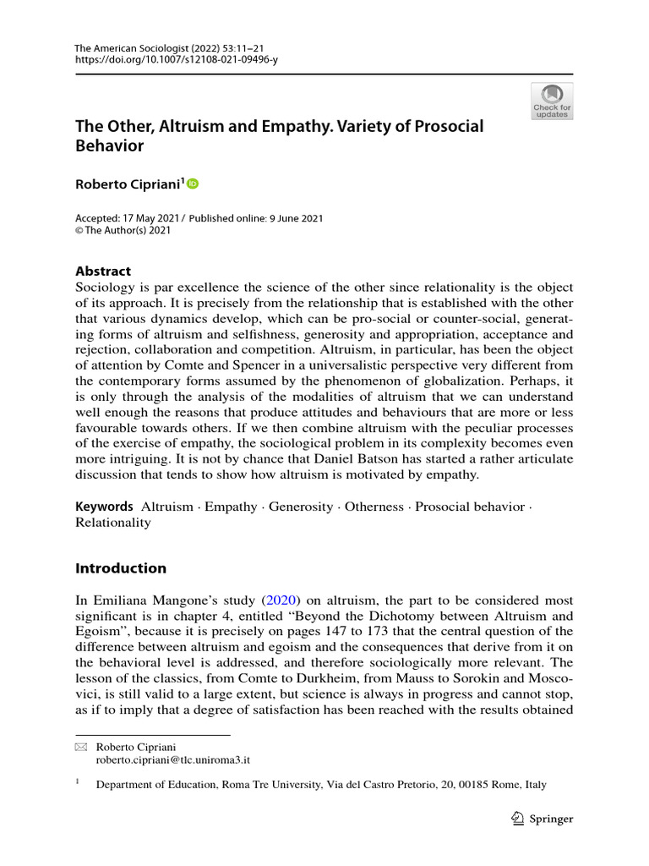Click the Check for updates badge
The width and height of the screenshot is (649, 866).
[552, 101]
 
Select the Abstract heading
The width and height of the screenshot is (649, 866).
[103, 271]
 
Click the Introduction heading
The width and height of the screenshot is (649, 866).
[121, 567]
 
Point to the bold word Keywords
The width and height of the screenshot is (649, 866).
[105, 507]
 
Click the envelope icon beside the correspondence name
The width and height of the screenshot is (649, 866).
[81, 748]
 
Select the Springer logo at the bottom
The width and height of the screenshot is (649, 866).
[543, 819]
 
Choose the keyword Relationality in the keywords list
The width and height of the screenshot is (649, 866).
[113, 523]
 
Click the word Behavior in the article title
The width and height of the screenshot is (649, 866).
[110, 145]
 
